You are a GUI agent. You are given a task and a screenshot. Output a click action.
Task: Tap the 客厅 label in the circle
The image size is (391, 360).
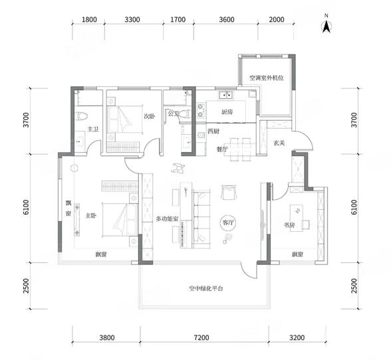(x=228, y=223)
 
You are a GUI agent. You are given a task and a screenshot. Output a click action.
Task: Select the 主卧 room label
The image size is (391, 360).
(x=90, y=215)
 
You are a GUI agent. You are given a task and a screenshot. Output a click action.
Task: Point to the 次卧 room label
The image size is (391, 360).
(x=150, y=116)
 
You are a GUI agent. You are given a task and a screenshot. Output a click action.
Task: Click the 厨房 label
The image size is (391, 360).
(x=227, y=112)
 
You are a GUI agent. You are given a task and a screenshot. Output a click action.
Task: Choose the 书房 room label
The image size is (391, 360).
(x=289, y=225)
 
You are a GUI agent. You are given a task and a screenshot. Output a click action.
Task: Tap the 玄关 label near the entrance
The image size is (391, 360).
(x=279, y=143)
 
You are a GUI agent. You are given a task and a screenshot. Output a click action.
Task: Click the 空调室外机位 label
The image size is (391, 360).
(x=267, y=78)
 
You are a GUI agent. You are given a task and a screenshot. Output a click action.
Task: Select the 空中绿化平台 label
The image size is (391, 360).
(x=206, y=288)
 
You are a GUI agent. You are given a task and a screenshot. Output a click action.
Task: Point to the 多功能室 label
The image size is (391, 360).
(x=167, y=219)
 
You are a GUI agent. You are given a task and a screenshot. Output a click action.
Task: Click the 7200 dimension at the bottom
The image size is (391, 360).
(x=201, y=337)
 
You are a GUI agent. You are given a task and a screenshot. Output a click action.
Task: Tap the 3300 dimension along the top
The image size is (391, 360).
(x=132, y=19)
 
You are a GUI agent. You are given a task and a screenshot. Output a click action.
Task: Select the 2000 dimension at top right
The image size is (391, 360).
(x=277, y=19)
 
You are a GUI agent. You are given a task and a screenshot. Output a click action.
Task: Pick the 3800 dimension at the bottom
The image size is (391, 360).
(x=107, y=337)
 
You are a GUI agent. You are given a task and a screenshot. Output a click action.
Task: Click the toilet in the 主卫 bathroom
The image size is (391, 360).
(x=81, y=116)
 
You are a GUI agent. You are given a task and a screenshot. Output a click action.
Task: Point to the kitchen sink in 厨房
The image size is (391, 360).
(x=226, y=95)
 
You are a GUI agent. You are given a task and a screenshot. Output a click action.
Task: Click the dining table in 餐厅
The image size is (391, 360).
(x=240, y=149)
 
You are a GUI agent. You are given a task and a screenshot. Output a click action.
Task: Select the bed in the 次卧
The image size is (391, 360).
(x=124, y=120)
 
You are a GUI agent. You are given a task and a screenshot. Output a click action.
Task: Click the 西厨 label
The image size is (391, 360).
(x=213, y=131)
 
